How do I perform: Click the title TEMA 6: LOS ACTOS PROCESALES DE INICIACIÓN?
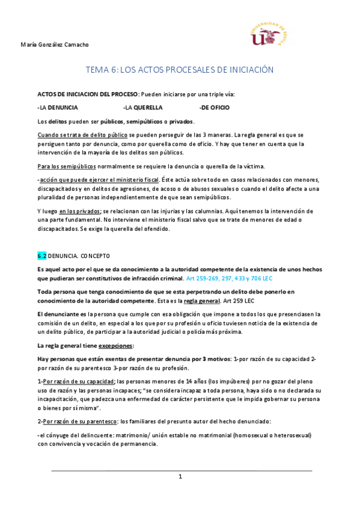click(180, 70)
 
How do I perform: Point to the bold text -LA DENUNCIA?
click(58, 108)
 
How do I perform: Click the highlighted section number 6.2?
click(41, 256)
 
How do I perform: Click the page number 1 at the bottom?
click(180, 476)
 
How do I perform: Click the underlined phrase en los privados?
click(80, 211)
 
